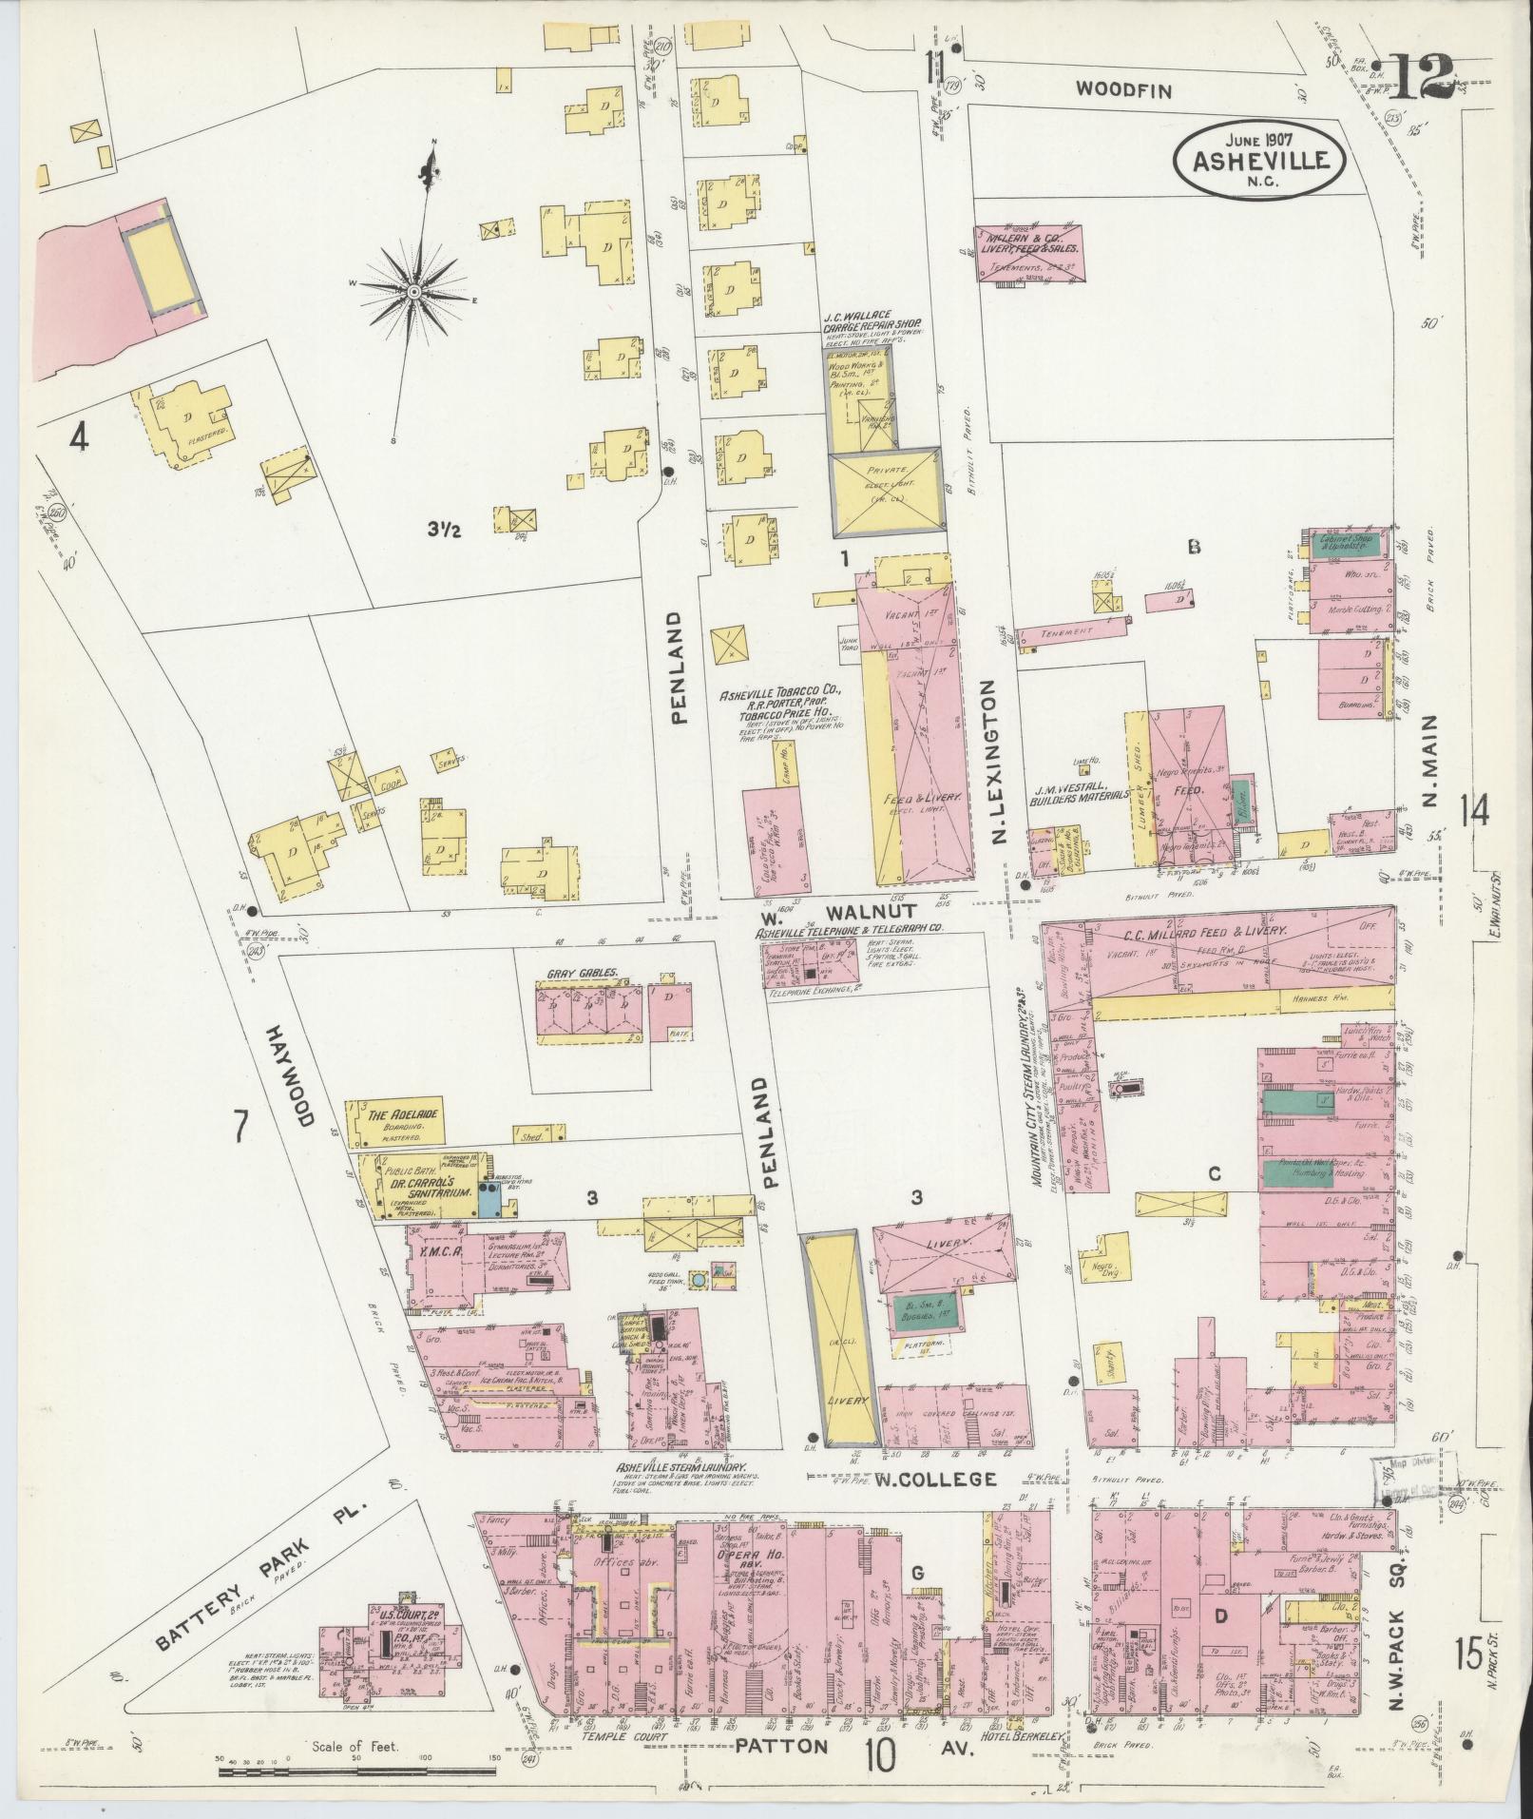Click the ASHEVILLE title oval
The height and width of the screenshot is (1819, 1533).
[x=1259, y=156]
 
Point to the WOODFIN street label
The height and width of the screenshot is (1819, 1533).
[x=1124, y=90]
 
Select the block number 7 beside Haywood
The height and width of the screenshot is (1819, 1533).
[x=240, y=1130]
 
